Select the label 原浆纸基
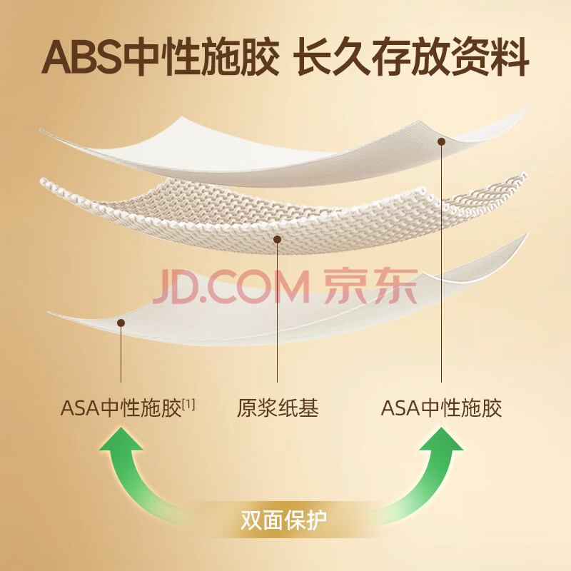(x=278, y=408)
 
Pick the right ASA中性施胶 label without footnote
(x=441, y=408)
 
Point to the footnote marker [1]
(x=188, y=404)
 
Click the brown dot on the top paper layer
(x=441, y=142)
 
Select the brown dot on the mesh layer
(x=278, y=240)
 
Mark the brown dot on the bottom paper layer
(x=121, y=323)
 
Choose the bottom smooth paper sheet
(x=285, y=318)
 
